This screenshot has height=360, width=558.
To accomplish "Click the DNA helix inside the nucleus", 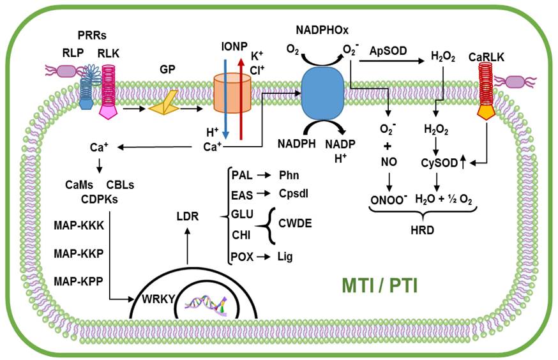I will click(206, 305).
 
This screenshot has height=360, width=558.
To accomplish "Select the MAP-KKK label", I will click(79, 225).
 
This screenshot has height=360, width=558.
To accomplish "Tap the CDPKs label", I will click(100, 198).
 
